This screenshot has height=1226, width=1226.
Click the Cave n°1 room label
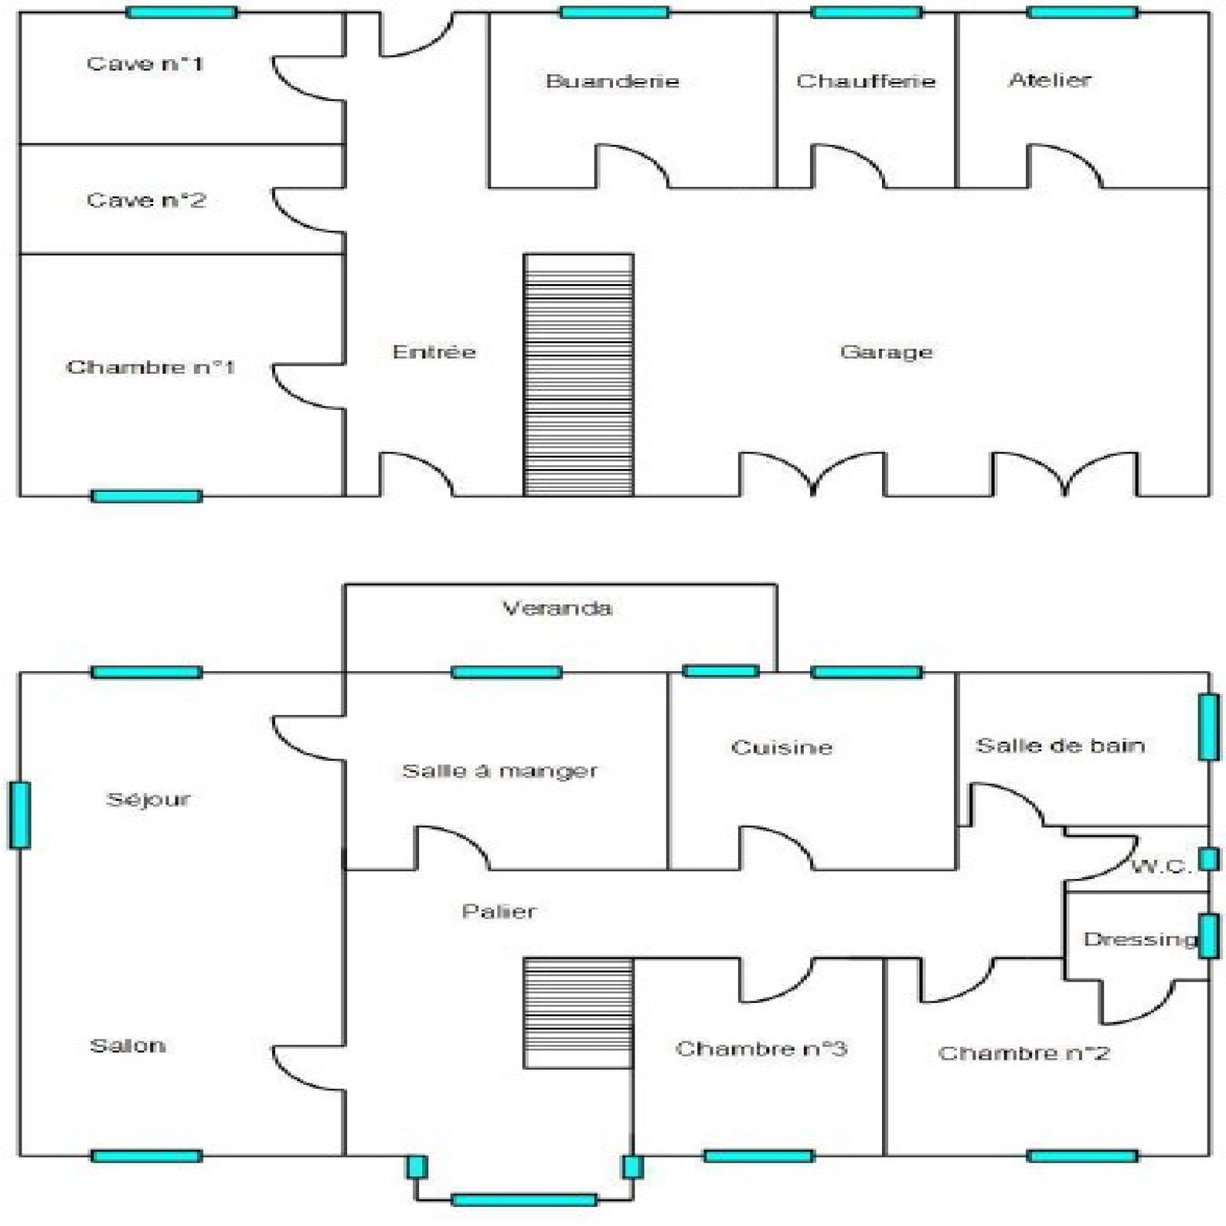(144, 64)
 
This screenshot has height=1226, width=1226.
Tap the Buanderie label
(612, 81)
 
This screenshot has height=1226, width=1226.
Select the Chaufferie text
(866, 81)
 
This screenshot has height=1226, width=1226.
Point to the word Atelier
(1050, 80)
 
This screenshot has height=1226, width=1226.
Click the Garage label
(887, 352)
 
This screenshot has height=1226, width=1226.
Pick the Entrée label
(434, 352)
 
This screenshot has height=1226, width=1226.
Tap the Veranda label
(557, 609)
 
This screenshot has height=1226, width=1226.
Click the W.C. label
(1160, 867)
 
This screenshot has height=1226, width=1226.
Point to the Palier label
(499, 912)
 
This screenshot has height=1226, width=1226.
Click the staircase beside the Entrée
(579, 375)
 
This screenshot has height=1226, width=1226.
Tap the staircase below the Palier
(579, 1012)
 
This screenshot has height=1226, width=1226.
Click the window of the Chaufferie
(866, 12)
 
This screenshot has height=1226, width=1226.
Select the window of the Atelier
(1082, 12)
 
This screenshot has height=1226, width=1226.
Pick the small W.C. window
(1208, 859)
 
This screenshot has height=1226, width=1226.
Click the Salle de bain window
(1208, 726)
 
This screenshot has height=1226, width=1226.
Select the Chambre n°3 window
(758, 1156)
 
